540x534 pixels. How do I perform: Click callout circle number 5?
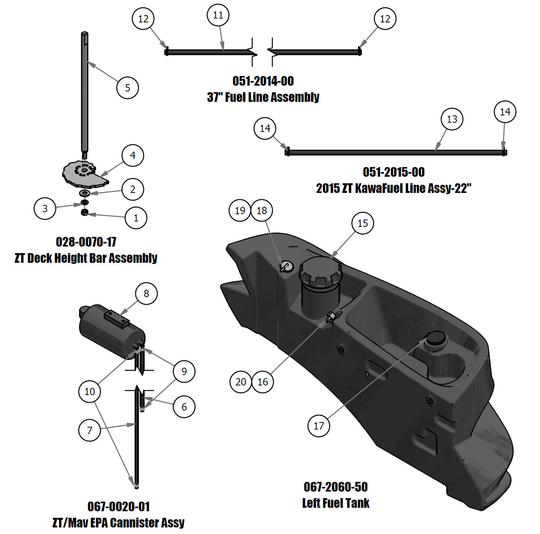click(127, 88)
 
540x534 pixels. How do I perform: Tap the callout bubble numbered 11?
click(218, 15)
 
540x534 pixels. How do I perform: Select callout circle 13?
click(452, 119)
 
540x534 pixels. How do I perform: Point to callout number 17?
click(319, 426)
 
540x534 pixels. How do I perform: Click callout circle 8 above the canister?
click(146, 294)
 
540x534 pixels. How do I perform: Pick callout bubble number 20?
click(241, 382)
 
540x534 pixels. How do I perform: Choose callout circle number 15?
click(363, 223)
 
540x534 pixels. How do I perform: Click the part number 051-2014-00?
click(263, 81)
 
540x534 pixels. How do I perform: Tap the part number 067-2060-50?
click(336, 487)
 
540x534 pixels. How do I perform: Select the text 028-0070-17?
click(86, 242)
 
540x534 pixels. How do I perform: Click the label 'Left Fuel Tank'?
click(336, 503)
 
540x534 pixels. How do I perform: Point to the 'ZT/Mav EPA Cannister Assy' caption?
click(118, 523)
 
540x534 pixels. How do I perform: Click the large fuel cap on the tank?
click(320, 272)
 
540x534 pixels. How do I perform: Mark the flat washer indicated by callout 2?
click(84, 193)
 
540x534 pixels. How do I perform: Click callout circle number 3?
click(45, 208)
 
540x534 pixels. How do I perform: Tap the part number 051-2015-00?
click(393, 172)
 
